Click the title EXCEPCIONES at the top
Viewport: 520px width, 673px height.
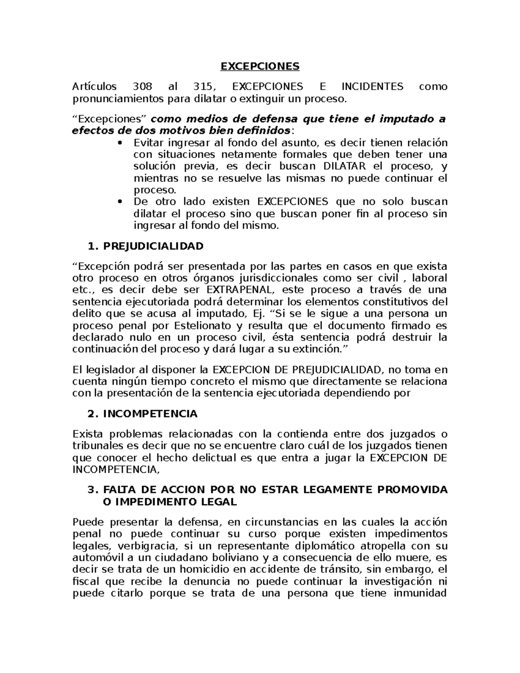click(260, 66)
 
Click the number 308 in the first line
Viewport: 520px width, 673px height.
click(143, 87)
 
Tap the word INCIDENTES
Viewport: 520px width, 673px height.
click(372, 87)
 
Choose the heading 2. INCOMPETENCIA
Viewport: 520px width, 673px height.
click(143, 414)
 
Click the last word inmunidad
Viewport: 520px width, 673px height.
click(419, 593)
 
